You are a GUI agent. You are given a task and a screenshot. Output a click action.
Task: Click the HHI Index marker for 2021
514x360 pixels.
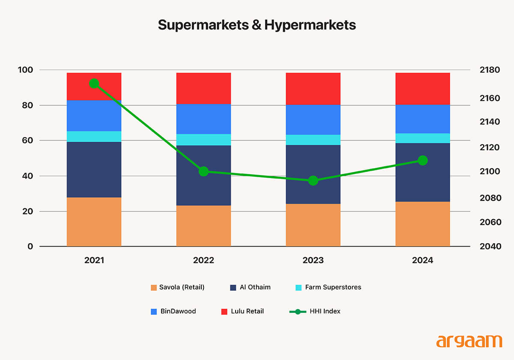tap(94, 83)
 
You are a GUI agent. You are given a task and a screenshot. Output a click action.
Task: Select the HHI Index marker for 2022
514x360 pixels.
tap(204, 172)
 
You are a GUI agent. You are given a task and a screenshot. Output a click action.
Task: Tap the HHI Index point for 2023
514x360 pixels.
tap(313, 181)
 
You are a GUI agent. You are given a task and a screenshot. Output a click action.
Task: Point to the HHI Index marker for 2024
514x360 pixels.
tap(423, 161)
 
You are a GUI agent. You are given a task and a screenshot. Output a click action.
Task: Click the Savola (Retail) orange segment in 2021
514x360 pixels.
tap(94, 222)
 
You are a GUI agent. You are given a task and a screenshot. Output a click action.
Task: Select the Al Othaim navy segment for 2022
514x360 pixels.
tap(204, 175)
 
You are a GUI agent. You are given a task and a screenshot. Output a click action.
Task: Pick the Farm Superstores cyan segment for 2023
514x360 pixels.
tap(313, 140)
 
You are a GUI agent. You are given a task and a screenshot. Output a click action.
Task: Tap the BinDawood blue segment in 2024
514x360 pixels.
tap(423, 119)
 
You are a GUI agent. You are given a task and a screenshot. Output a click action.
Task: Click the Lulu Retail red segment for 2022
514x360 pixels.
tap(204, 88)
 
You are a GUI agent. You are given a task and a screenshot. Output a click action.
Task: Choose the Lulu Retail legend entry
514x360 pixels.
tap(242, 311)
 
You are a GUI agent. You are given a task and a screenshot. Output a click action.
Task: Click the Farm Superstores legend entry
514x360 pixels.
tap(328, 287)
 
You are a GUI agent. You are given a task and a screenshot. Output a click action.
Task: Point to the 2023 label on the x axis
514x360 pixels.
tap(313, 260)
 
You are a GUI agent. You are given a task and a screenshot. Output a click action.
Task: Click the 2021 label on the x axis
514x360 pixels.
tap(94, 260)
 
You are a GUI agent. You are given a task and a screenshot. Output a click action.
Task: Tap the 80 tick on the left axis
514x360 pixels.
tap(27, 105)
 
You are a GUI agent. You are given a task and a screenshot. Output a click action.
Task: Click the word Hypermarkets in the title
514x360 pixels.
tap(310, 25)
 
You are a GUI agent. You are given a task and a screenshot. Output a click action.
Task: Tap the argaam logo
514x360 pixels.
tap(469, 341)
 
